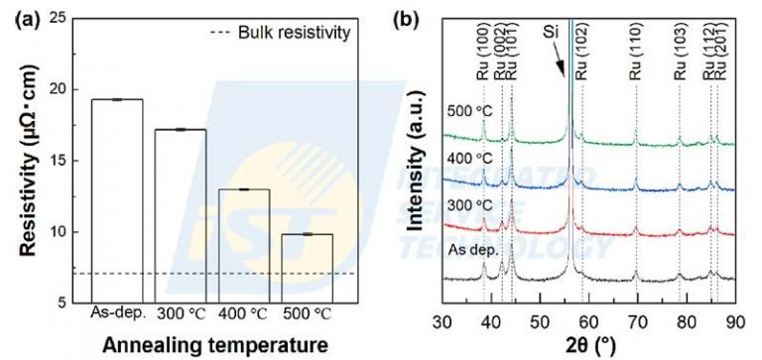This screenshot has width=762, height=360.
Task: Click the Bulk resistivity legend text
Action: pyautogui.click(x=296, y=34)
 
